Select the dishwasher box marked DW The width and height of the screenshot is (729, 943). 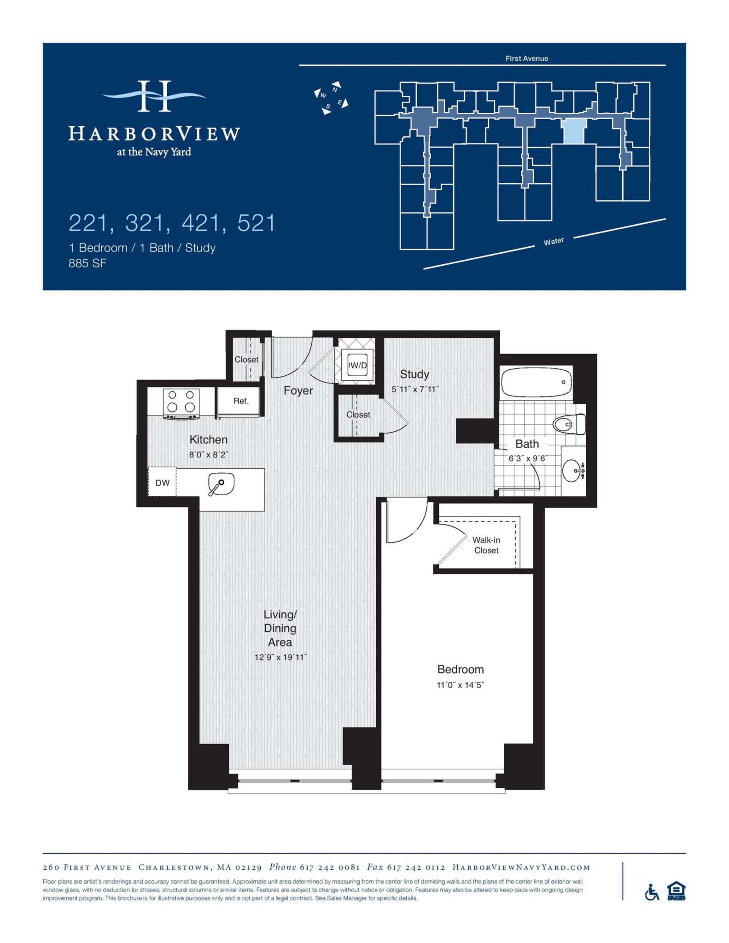pyautogui.click(x=162, y=483)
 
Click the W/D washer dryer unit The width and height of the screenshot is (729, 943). pyautogui.click(x=357, y=366)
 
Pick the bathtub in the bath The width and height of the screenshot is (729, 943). pyautogui.click(x=536, y=382)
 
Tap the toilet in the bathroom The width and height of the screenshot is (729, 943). pyautogui.click(x=569, y=424)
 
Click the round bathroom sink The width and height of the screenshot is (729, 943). pyautogui.click(x=572, y=471)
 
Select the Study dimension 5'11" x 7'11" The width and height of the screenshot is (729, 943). pyautogui.click(x=415, y=389)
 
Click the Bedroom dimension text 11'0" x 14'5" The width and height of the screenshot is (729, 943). pyautogui.click(x=461, y=685)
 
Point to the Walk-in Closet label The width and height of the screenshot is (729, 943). pyautogui.click(x=486, y=545)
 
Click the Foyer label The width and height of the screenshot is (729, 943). pyautogui.click(x=298, y=390)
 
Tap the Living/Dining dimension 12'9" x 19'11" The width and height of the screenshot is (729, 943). pyautogui.click(x=280, y=658)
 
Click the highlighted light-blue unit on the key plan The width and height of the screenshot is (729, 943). pyautogui.click(x=574, y=131)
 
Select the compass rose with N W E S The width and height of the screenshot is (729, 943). pyautogui.click(x=331, y=98)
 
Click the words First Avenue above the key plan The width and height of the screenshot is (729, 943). pyautogui.click(x=526, y=58)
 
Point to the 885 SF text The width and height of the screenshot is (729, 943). pyautogui.click(x=87, y=263)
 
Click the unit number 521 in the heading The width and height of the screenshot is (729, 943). pyautogui.click(x=256, y=223)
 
